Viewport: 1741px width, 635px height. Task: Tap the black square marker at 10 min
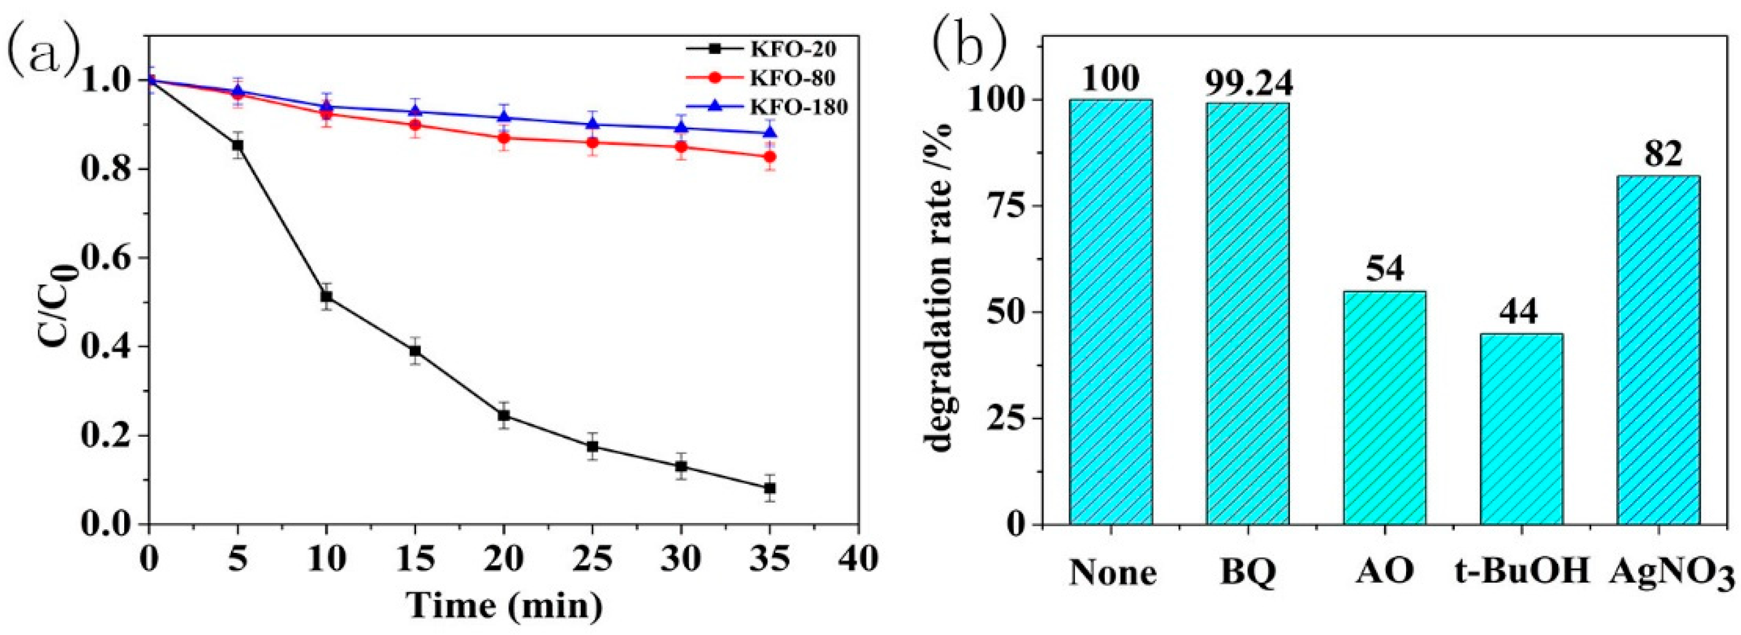326,296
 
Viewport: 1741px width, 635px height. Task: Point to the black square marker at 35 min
769,488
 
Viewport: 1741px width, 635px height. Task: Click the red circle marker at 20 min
503,138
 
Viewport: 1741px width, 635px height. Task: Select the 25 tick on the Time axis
592,559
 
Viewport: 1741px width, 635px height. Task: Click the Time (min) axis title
503,605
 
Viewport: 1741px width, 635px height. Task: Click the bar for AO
1380,408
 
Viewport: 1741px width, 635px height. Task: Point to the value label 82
1653,157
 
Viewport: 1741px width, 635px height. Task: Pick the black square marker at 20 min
503,416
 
